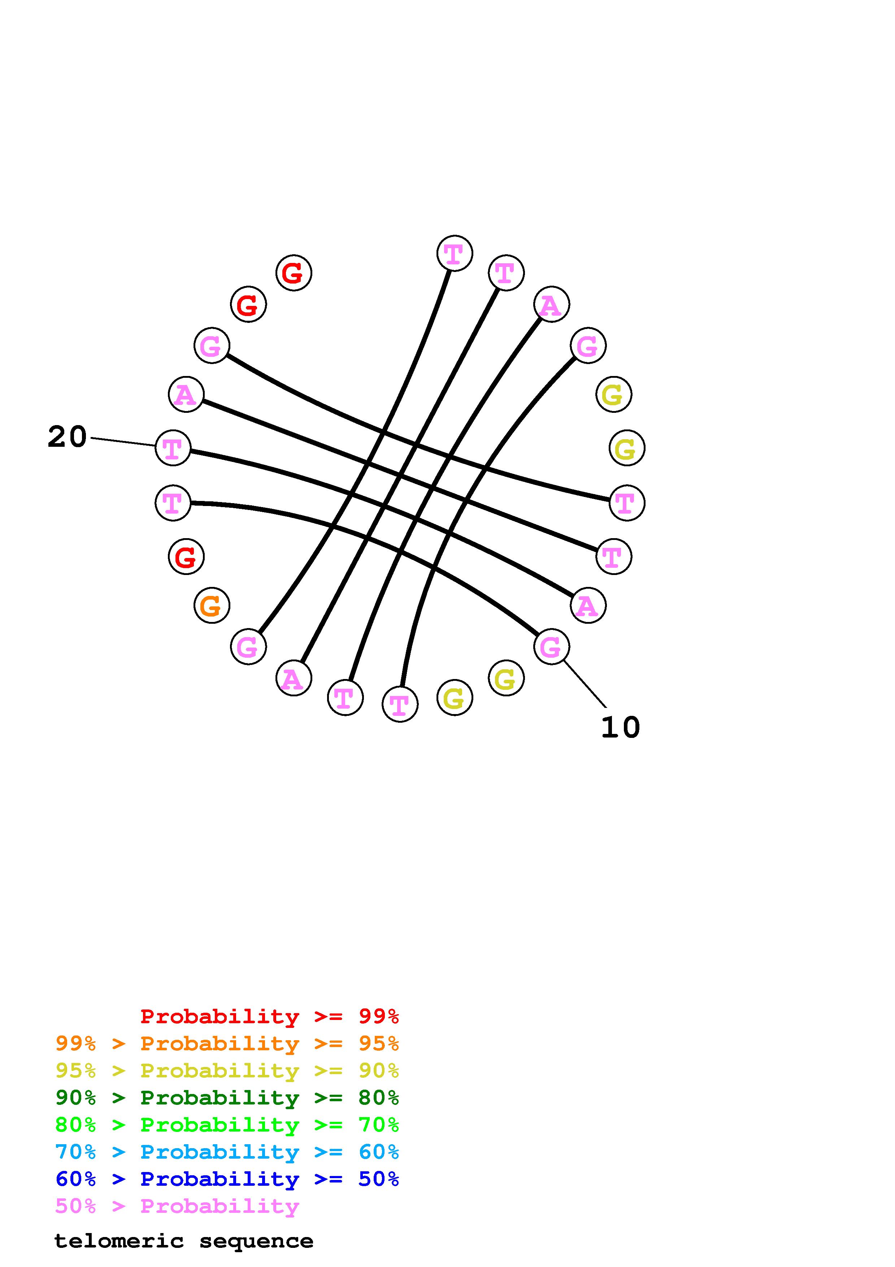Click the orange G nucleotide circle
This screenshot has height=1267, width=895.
212,605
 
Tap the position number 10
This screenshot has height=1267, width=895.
620,727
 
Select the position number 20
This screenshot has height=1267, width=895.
67,437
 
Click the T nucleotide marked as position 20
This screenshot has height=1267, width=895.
173,448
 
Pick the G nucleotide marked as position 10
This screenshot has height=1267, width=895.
551,646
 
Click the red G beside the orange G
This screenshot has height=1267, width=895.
186,557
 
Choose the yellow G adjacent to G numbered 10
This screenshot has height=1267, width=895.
506,678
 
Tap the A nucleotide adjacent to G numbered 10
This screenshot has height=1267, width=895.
588,605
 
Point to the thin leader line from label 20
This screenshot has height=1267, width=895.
122,441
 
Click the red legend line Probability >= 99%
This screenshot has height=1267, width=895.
269,1016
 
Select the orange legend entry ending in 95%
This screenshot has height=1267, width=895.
227,1043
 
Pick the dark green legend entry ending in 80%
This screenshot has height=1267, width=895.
227,1098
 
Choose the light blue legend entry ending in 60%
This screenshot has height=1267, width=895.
227,1152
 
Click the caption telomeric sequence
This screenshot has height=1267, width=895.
184,1241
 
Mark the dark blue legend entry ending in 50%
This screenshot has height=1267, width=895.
227,1179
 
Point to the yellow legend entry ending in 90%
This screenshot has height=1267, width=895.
227,1071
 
